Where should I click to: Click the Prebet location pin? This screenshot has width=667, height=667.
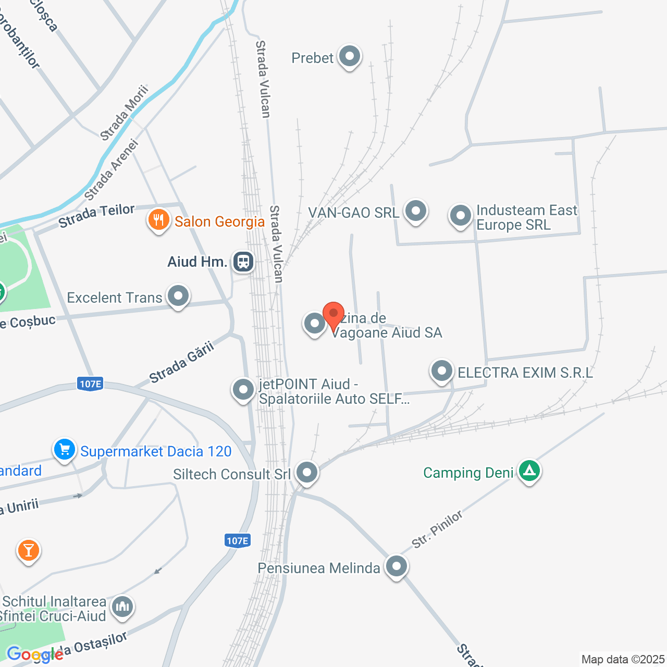pos(349,56)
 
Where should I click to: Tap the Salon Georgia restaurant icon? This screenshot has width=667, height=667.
pos(158,220)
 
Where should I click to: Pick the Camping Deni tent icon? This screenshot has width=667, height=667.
pos(529,471)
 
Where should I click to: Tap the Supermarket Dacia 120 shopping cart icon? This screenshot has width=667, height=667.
pos(65,449)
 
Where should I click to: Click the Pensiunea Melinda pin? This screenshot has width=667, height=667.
pos(397,566)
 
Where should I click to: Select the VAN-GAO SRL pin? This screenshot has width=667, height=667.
pos(416,212)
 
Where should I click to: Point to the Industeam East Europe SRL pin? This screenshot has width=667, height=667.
pos(461,215)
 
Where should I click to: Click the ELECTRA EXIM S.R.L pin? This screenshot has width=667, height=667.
pos(442,372)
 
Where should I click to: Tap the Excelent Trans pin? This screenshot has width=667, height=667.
pos(178,296)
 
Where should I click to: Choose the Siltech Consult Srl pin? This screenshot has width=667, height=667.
pos(306,473)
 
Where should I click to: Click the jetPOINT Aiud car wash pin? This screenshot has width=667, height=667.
pos(243,389)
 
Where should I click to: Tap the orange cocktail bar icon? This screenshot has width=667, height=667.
pos(28,550)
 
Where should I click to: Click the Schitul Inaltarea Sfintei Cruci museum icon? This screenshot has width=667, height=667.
pos(122,607)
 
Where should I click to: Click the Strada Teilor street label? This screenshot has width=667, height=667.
pos(96,216)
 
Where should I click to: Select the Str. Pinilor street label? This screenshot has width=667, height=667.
pos(437,529)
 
